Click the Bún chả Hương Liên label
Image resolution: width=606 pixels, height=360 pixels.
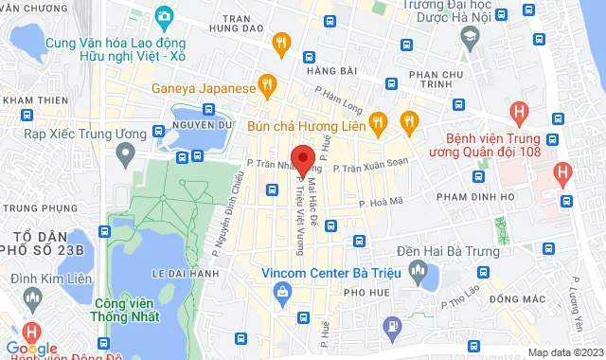pyautogui.click(x=305, y=122)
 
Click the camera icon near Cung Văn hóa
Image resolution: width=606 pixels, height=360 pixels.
pyautogui.click(x=164, y=16)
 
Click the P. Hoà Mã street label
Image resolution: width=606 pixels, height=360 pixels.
pyautogui.click(x=382, y=202)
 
